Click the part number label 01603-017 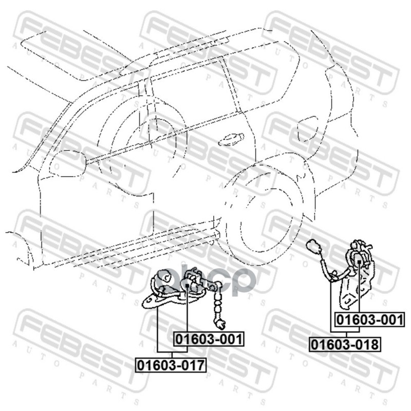pos(171,365)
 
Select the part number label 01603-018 pos(345,344)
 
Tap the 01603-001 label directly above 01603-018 pos(369,320)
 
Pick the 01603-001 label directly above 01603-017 pos(209,339)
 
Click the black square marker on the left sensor pos(187,286)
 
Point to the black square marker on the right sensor pos(359,261)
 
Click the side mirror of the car pos(68,162)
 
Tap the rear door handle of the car pos(231,139)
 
